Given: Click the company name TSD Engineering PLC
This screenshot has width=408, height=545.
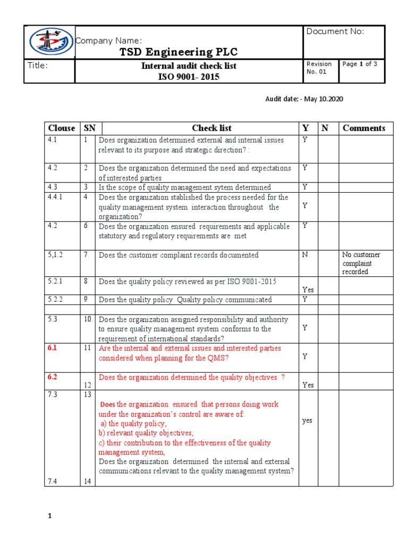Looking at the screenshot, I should tap(178, 52).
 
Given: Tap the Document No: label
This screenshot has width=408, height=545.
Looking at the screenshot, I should tap(335, 31).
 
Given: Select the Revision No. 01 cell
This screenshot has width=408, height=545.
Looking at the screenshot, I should tap(319, 68).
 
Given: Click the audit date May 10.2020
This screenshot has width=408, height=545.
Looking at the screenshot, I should tap(308, 99).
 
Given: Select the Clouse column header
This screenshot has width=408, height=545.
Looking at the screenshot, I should tap(61, 128).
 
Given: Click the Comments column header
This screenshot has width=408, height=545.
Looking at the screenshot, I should tap(364, 128).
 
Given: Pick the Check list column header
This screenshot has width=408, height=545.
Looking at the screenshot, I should tap(211, 128).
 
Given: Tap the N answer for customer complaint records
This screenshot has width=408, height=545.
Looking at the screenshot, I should tap(305, 255).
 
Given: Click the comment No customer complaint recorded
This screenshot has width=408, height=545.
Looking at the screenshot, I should tap(361, 263).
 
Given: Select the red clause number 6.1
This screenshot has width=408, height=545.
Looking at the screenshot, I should tap(52, 348).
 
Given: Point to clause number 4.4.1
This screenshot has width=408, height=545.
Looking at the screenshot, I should tap(56, 197).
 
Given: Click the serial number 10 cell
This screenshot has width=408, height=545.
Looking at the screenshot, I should tap(87, 319).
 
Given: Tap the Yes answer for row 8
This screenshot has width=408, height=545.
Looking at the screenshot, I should tap(308, 290).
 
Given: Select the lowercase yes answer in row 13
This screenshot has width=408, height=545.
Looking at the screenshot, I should tap(307, 420).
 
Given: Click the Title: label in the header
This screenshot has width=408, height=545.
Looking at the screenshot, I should tap(38, 66).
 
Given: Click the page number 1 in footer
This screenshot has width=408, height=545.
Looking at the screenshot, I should tap(49, 516).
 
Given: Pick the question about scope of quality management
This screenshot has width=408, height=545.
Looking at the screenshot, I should tap(184, 187).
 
